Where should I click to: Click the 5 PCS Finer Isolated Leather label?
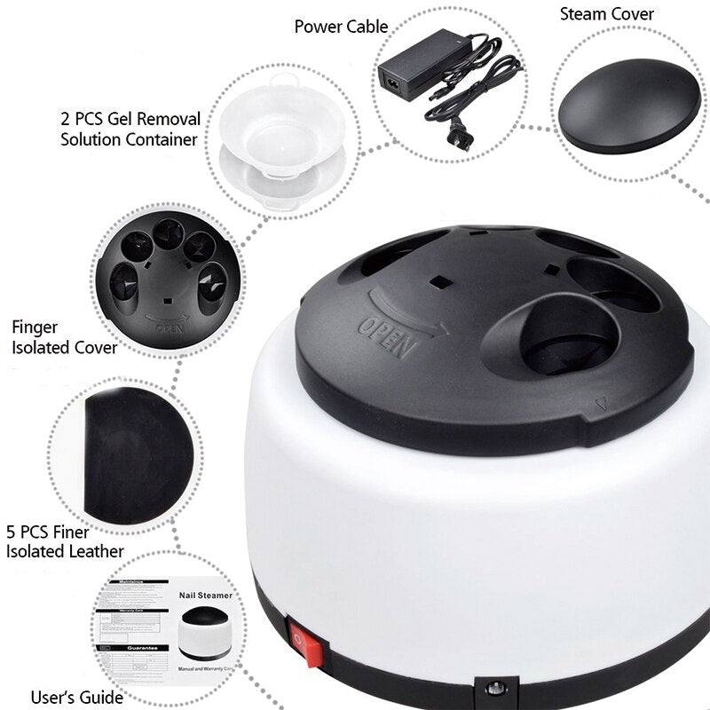coord(65,542)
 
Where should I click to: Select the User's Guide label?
coord(76,697)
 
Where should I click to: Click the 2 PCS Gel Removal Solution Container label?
coord(130,129)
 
